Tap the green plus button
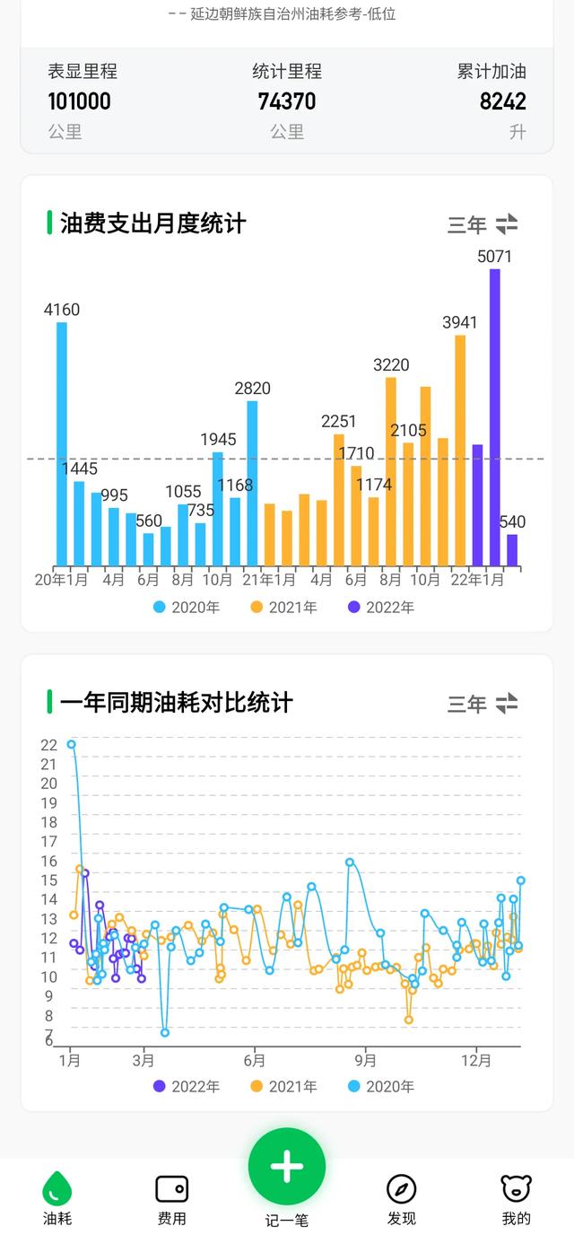[287, 1166]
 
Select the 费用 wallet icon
[171, 1188]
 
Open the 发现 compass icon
[401, 1188]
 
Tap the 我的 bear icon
[516, 1188]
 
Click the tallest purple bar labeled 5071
[494, 417]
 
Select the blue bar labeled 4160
[62, 443]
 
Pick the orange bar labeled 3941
[460, 450]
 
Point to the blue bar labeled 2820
[252, 483]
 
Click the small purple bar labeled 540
[512, 550]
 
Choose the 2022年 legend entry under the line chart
[187, 1087]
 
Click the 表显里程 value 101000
[80, 101]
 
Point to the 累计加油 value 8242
[502, 101]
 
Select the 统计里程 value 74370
[287, 101]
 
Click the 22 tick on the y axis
[48, 745]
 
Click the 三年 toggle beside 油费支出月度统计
[483, 224]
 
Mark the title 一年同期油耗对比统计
[176, 703]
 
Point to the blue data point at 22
[72, 744]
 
